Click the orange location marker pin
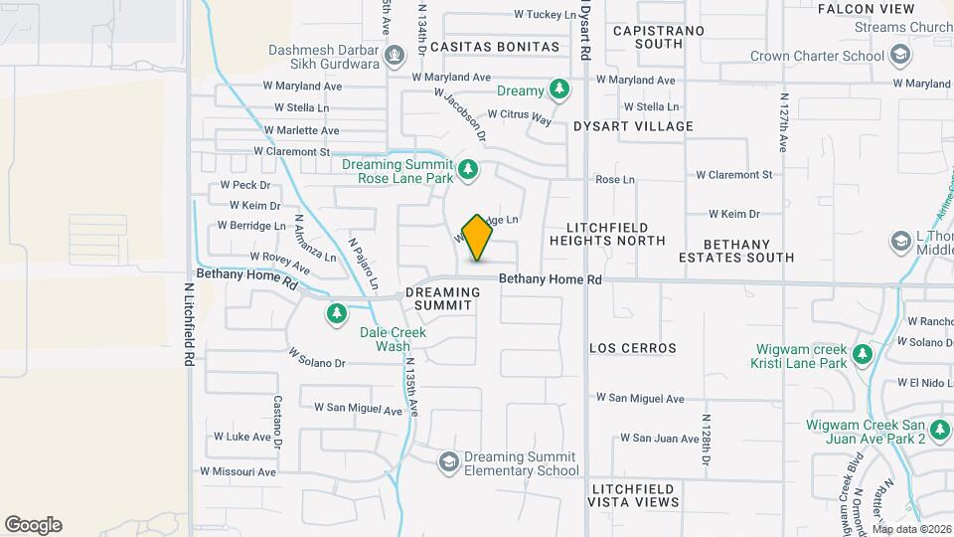click(x=477, y=238)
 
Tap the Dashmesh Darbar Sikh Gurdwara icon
click(x=396, y=55)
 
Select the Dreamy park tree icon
click(x=560, y=90)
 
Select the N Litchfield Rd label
click(x=188, y=322)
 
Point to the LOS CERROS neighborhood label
click(x=633, y=348)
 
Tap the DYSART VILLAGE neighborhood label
click(x=633, y=126)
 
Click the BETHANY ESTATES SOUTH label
click(x=749, y=251)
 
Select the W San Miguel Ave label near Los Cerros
click(x=640, y=398)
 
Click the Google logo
click(x=33, y=525)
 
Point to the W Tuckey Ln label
click(x=545, y=15)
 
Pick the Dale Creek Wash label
click(x=393, y=339)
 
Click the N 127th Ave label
click(x=783, y=124)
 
